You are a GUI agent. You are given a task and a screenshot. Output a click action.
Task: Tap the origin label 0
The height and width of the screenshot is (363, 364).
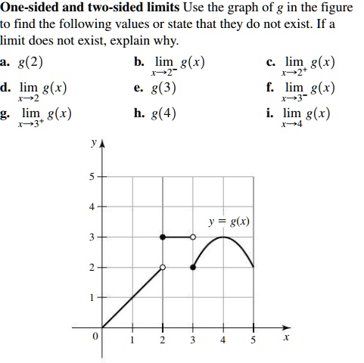[95, 337]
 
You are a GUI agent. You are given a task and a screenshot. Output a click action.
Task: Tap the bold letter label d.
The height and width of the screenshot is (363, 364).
[5, 87]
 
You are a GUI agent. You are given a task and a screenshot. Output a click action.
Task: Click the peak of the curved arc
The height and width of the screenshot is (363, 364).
[222, 237]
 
